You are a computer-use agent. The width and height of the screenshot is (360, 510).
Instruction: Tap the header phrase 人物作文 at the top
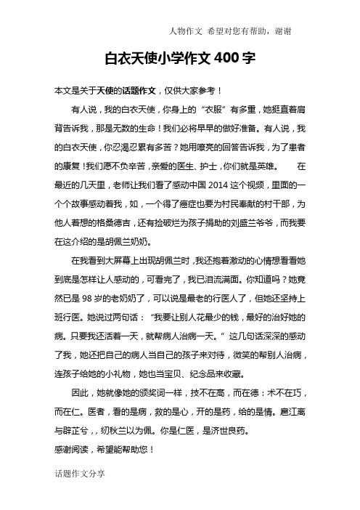pos(182,31)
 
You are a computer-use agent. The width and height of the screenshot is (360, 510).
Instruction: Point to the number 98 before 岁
pos(89,297)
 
